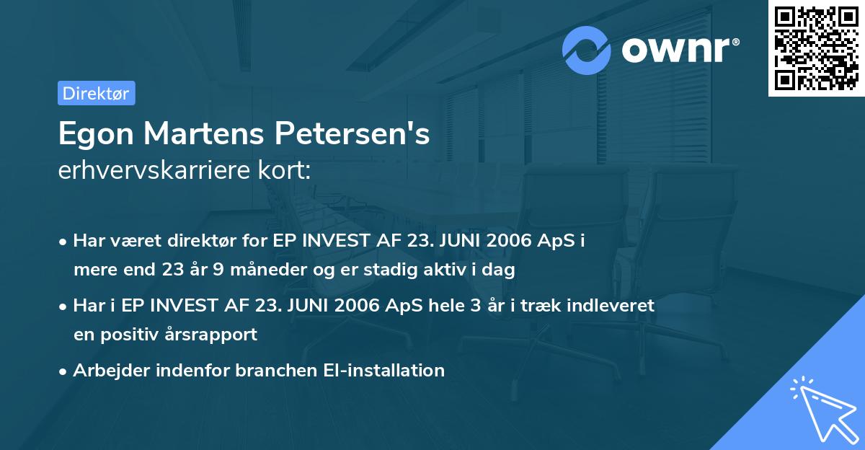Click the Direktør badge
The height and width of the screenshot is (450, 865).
[96, 93]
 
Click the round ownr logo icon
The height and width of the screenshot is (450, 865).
[587, 50]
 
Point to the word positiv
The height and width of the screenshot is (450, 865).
[138, 335]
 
